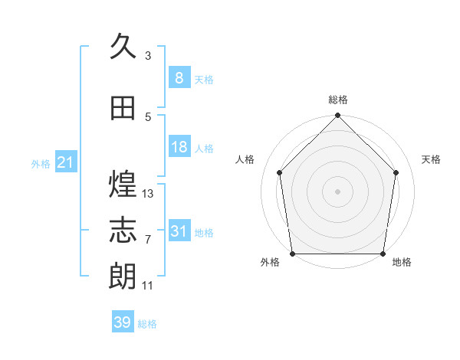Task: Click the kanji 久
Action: pos(123,46)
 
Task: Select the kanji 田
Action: pos(123,108)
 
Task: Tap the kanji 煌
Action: pos(123,184)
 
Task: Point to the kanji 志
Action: pos(123,230)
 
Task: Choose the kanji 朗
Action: pos(123,276)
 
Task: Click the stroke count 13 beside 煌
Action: pos(147,194)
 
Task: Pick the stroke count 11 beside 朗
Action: pos(147,286)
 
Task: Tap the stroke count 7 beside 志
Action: pos(148,240)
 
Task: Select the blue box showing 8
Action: pos(179,77)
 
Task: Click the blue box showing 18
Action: pos(179,146)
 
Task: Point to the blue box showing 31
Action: pos(179,230)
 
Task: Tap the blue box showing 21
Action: pos(66,162)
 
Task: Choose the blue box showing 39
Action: pos(123,321)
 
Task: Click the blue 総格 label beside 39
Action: pos(147,324)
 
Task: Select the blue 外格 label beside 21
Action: pos(41,164)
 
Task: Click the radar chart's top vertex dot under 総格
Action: pos(337,115)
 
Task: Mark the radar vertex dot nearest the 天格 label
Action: pos(396,172)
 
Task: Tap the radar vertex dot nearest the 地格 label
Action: pos(383,254)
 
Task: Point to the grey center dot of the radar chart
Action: pos(337,191)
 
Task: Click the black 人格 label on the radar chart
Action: pos(245,159)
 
